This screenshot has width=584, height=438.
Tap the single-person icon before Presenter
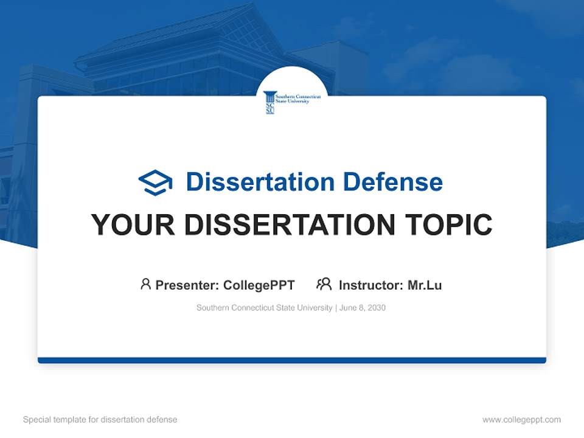click(x=145, y=284)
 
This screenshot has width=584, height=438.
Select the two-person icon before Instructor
click(x=324, y=284)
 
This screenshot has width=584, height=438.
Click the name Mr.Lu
click(x=425, y=285)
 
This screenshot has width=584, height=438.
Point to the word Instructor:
click(x=370, y=285)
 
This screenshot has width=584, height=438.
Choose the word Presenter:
click(x=187, y=285)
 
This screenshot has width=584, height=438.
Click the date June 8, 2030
click(x=363, y=308)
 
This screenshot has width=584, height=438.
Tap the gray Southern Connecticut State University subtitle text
click(x=264, y=308)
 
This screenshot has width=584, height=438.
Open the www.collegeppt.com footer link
click(x=521, y=420)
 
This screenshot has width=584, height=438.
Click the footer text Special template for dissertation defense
click(x=100, y=420)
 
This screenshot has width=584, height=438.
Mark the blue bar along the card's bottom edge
click(x=292, y=360)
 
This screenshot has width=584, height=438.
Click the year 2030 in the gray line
click(x=377, y=308)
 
